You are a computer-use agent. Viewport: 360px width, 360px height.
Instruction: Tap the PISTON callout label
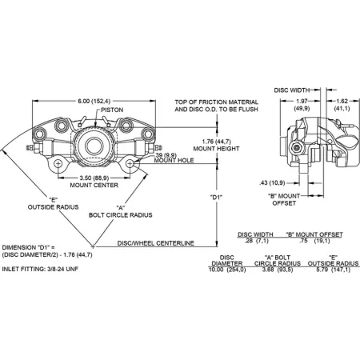click(x=112, y=110)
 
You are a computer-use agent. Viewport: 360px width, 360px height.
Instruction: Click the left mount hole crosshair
click(x=58, y=164)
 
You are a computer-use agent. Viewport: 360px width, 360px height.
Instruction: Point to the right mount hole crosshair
click(x=130, y=163)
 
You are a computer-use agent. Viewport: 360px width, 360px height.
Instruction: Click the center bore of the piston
click(x=94, y=146)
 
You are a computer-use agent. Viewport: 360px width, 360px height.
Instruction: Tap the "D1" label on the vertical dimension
click(x=216, y=198)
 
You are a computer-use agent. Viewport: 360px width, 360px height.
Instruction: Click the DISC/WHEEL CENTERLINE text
click(x=156, y=243)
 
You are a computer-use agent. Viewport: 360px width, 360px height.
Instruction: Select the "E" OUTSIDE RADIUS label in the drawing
click(x=53, y=203)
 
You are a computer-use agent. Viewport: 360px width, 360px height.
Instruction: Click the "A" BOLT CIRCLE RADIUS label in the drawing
click(x=121, y=211)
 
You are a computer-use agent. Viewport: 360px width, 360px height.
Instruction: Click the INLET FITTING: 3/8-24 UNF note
click(x=40, y=269)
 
